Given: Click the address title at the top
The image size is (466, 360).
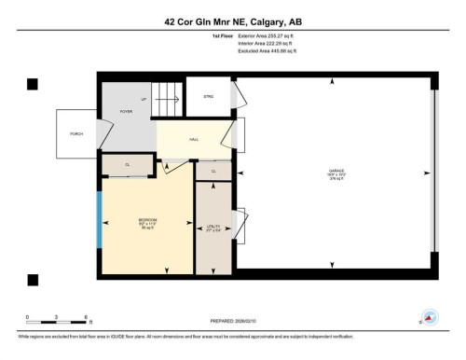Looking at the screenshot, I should coord(233,20).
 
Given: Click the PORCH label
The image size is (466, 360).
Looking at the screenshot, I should coord(76,134).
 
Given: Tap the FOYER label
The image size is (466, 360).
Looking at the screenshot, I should coord(126,110).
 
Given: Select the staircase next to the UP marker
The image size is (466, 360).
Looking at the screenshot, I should coord(167,95).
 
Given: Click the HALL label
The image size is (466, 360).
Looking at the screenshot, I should coord(194,140).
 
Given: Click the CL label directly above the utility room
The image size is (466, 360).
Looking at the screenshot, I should coord(212,172).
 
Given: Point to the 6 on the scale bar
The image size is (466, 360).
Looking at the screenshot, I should coord(86,318).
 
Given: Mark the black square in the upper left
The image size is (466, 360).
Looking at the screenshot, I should coord(34,84).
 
